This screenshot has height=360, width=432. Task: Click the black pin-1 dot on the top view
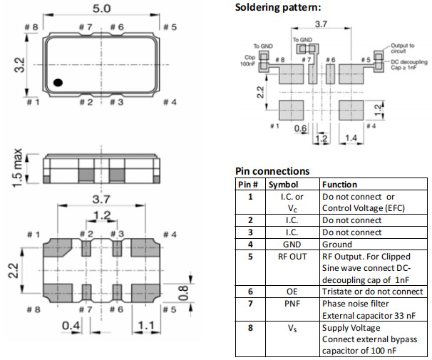[60, 83]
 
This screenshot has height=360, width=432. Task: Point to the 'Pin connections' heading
[272, 171]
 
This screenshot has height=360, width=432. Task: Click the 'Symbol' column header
[282, 185]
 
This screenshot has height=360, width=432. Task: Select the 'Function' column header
[339, 185]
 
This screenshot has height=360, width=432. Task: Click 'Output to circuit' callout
[401, 48]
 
